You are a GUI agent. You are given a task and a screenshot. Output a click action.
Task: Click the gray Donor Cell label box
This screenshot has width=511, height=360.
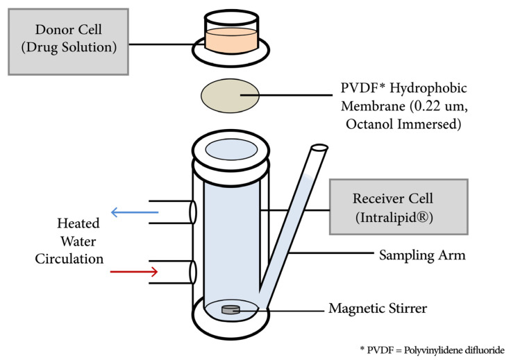68,42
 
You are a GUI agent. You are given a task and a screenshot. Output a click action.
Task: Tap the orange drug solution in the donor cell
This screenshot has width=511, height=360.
231,41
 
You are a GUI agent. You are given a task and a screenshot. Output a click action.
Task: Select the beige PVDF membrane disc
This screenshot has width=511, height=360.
230,96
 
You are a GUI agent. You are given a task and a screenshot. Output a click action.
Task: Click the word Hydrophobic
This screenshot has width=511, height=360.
428,89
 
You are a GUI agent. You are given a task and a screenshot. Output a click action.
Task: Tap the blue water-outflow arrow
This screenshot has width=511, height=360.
135,212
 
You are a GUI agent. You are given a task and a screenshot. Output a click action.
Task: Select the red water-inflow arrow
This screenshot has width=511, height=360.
134,271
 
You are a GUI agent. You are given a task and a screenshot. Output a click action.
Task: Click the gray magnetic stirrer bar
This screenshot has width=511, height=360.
231,310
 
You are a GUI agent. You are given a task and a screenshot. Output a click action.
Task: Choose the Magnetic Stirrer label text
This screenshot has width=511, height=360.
378,309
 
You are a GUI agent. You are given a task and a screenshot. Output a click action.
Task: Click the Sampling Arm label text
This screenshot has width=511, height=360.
422,255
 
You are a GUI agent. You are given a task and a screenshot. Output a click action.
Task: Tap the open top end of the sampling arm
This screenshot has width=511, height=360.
319,148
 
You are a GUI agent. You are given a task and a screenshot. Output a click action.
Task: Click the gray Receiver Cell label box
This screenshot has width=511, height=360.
399,207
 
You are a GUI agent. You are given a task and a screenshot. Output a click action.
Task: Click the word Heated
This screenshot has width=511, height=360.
78,223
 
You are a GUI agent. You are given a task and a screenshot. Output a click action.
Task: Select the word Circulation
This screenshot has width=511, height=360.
69,259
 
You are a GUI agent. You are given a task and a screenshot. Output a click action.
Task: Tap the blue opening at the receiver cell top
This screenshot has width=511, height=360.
231,149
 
